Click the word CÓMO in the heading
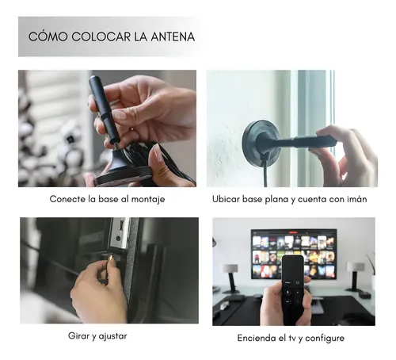click(x=45, y=36)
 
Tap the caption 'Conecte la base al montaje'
click(x=107, y=199)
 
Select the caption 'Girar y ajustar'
click(x=97, y=335)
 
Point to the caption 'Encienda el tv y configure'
click(x=290, y=338)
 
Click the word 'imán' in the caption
click(x=354, y=199)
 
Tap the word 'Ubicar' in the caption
click(x=227, y=199)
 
